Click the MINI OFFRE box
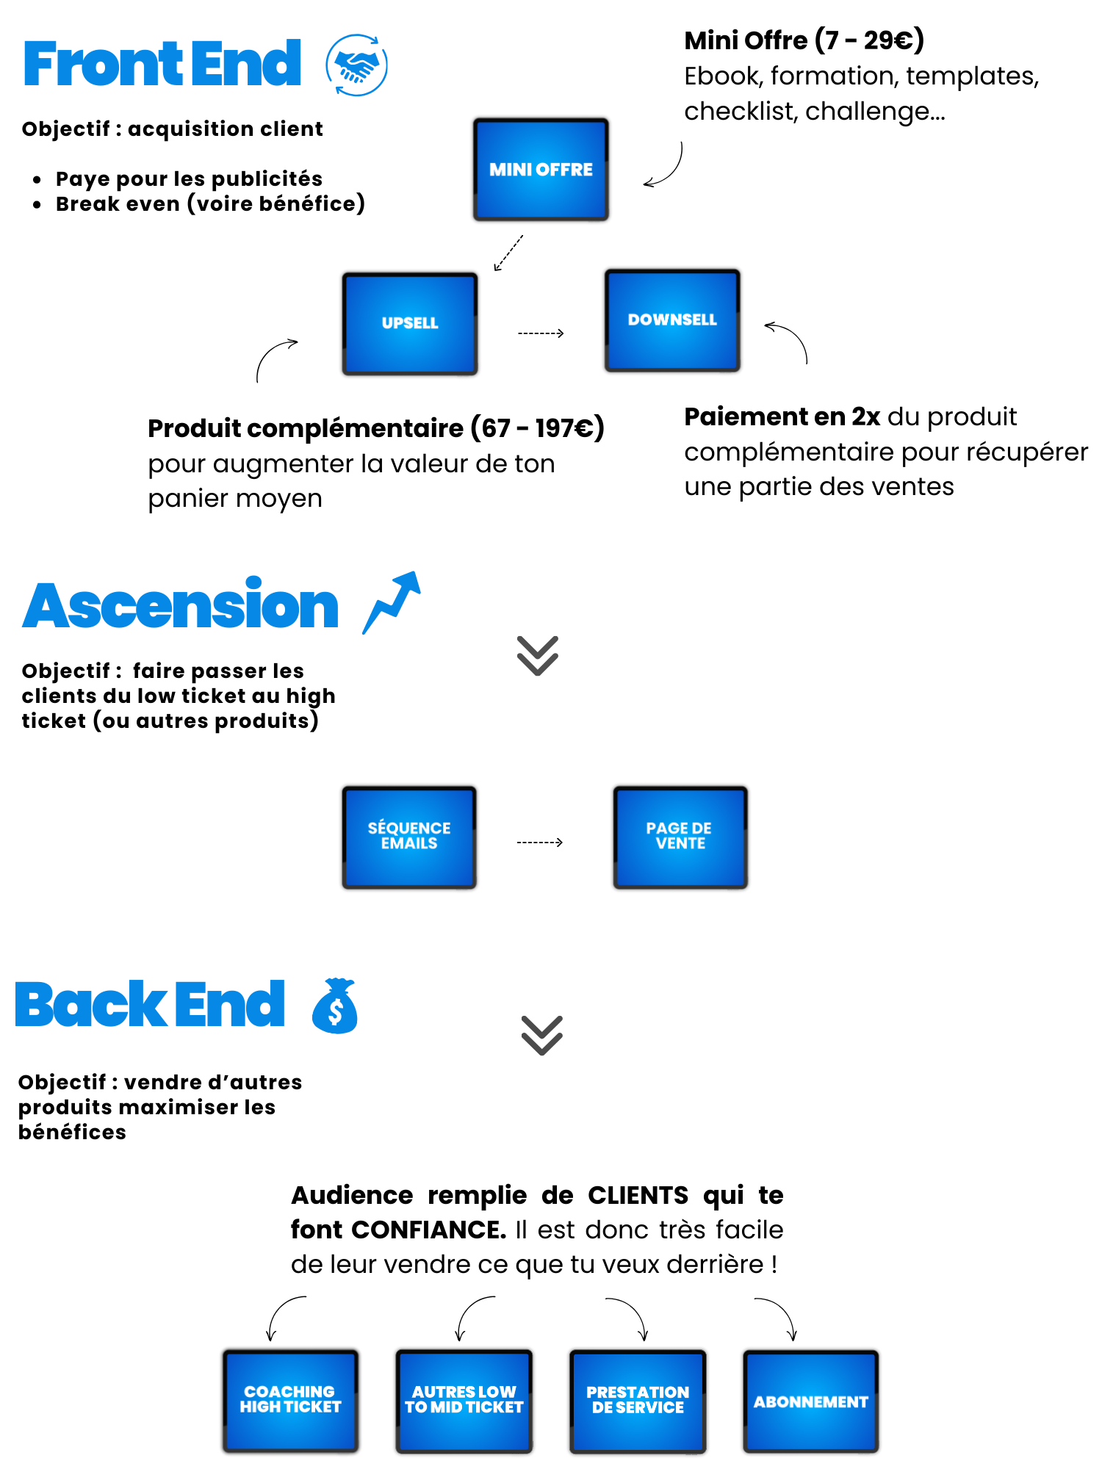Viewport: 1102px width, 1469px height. (x=541, y=170)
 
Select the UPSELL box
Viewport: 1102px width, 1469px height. (x=410, y=323)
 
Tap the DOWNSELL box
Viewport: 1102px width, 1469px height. (x=672, y=320)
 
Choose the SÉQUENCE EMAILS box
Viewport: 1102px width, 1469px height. (x=409, y=837)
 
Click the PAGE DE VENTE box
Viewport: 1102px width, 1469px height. (x=680, y=837)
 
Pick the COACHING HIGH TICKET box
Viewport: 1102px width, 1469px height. (x=290, y=1400)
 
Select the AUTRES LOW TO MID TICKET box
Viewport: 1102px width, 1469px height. (x=464, y=1400)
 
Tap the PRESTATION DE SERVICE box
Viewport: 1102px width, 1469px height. (x=638, y=1400)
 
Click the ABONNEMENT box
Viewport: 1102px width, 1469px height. (x=810, y=1401)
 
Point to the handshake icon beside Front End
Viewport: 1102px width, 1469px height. (x=357, y=65)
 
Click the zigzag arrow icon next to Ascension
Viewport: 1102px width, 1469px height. (x=392, y=602)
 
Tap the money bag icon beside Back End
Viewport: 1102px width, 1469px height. (x=335, y=1006)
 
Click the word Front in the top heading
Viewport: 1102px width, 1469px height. (x=92, y=65)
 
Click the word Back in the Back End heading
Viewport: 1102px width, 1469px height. (x=88, y=1004)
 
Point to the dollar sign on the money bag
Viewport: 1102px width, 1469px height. (x=336, y=1013)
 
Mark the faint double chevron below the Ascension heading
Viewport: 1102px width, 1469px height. (x=538, y=655)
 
